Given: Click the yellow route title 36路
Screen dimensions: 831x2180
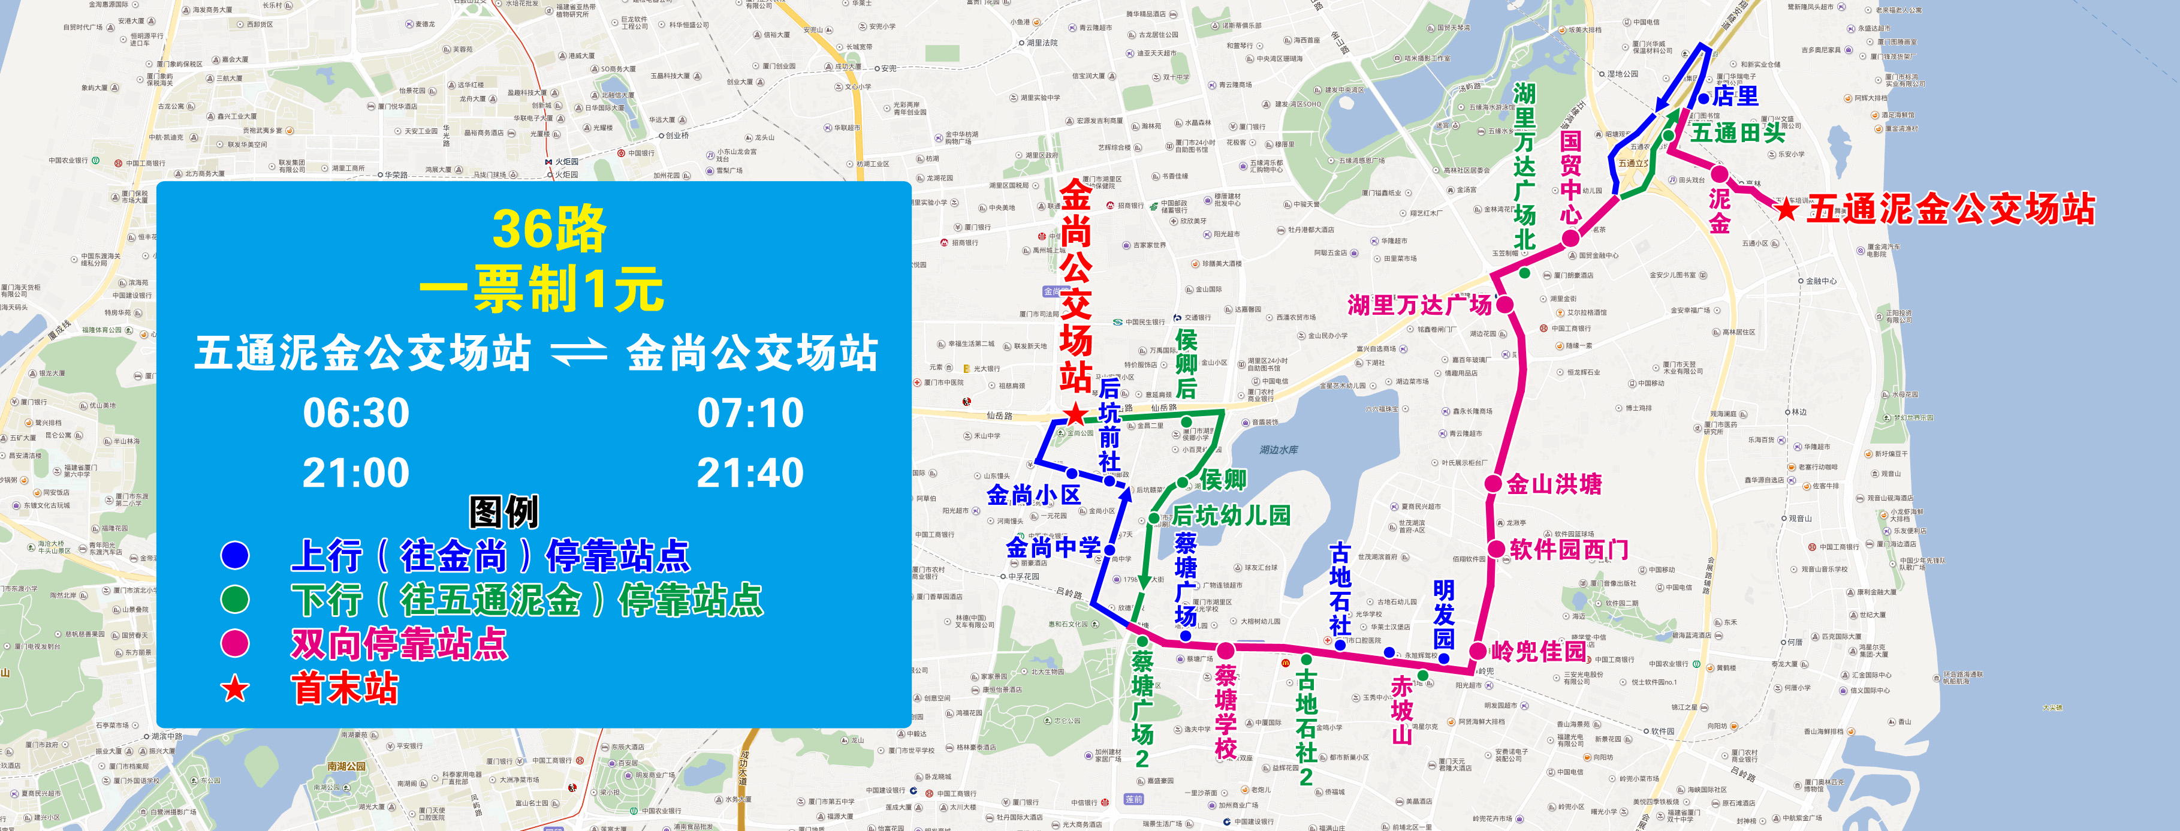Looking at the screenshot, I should (x=548, y=229).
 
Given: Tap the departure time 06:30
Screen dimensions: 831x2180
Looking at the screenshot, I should (x=356, y=413).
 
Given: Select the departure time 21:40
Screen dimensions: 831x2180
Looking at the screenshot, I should (x=750, y=473).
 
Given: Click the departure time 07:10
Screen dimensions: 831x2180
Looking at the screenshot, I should (x=750, y=413).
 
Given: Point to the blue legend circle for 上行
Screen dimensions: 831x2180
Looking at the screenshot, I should (x=236, y=555).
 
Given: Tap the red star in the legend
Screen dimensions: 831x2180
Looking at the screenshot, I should (x=236, y=689).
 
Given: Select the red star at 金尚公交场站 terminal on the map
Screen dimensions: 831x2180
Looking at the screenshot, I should (x=1075, y=415).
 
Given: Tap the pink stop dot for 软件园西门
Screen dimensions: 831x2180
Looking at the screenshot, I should (x=1496, y=549).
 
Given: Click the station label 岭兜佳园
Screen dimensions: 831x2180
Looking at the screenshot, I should (x=1539, y=651).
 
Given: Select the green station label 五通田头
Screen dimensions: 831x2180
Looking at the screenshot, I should (x=1738, y=133).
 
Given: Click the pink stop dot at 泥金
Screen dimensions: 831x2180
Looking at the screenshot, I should (x=1720, y=175).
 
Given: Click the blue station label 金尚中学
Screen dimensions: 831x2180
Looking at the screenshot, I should (x=1053, y=547).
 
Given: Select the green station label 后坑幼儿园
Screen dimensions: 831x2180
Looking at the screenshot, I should (x=1231, y=514).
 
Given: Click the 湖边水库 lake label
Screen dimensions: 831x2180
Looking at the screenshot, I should (x=1279, y=449).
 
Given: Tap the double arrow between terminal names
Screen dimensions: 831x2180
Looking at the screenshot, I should (x=579, y=353).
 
